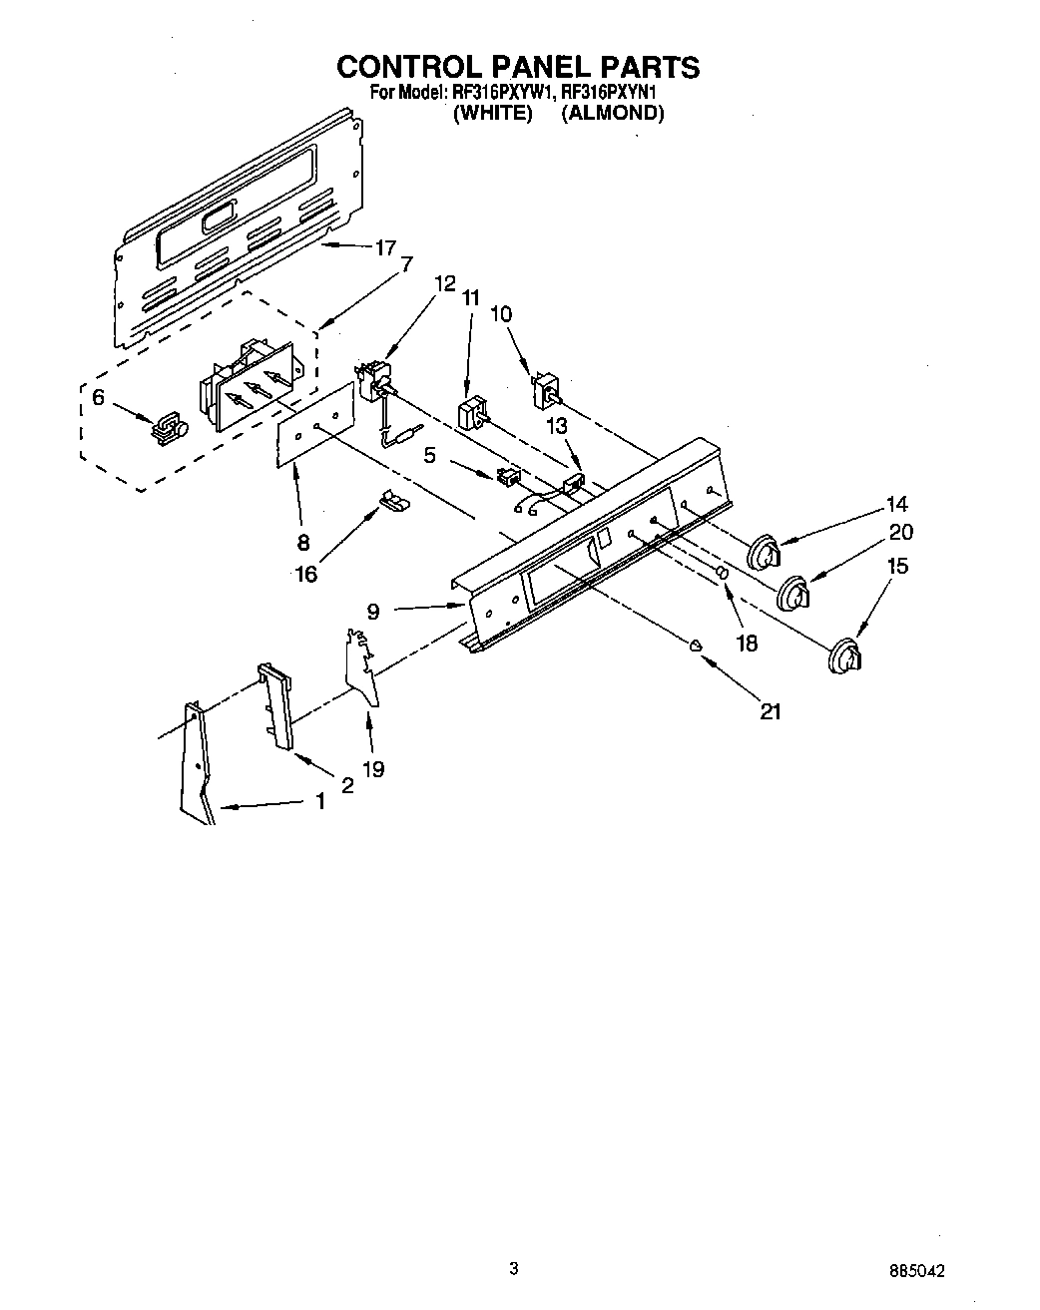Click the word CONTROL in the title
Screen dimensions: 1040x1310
coord(407,67)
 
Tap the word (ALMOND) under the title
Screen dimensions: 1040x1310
coord(612,113)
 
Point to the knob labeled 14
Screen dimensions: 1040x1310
coord(765,551)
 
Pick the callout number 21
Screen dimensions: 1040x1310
coord(769,711)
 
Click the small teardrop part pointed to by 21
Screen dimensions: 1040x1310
coord(697,645)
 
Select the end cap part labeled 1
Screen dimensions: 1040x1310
coord(198,763)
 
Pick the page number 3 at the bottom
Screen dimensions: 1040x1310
coord(513,1268)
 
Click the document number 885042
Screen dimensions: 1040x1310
coord(915,1271)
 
